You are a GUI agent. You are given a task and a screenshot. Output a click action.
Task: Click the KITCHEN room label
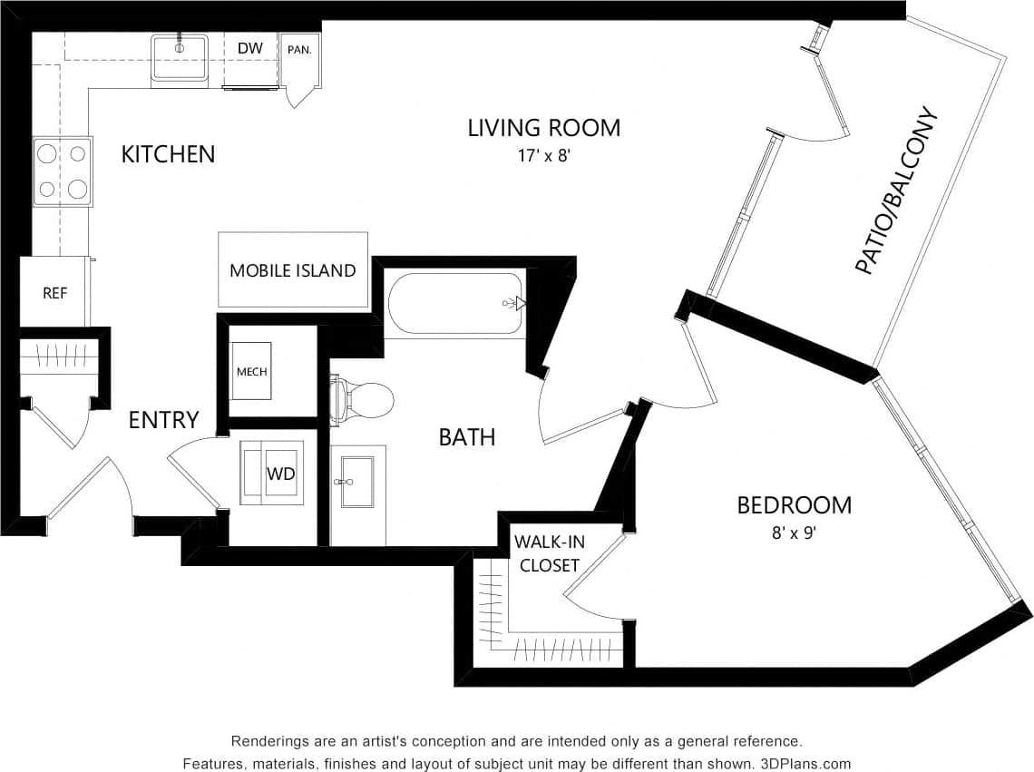point(169,154)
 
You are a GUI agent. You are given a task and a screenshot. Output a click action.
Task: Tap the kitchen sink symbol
point(180,58)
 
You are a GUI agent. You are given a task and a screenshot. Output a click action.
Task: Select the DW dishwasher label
point(250,48)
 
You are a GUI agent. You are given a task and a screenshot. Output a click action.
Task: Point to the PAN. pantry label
point(299,49)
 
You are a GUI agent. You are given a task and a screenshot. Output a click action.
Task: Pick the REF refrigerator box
point(54,293)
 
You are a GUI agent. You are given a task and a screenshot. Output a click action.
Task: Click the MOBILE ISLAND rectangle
point(293,270)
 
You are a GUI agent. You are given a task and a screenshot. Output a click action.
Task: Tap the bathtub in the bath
point(455,304)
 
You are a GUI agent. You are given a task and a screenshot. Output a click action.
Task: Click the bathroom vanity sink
point(357,480)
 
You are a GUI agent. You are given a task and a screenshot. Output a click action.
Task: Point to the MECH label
point(251,372)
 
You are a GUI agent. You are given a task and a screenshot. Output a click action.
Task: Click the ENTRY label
point(163,420)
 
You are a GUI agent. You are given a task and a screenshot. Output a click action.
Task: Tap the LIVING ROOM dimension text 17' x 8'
point(543,155)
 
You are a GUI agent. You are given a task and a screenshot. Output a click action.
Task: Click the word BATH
point(467,437)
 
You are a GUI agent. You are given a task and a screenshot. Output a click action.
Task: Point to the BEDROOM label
point(794,505)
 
